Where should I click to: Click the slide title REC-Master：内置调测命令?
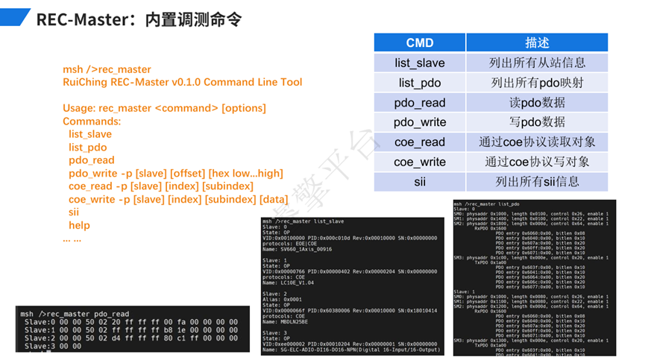click(x=139, y=19)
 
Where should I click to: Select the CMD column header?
click(x=419, y=42)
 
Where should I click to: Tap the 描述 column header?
click(x=536, y=42)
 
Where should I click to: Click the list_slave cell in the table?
click(x=419, y=63)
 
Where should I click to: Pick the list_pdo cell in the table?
click(x=419, y=83)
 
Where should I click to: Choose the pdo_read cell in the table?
click(x=419, y=102)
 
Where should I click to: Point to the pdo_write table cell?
click(x=419, y=122)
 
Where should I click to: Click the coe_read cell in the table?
click(x=419, y=142)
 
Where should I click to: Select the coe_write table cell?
click(x=419, y=162)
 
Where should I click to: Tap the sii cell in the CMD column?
click(x=419, y=181)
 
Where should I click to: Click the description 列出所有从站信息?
click(x=536, y=63)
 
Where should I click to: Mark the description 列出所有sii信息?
click(x=536, y=181)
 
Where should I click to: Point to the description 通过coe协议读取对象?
click(x=536, y=142)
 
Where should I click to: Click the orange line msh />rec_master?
click(x=107, y=69)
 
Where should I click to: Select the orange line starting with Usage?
click(x=164, y=108)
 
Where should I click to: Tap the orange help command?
click(x=79, y=225)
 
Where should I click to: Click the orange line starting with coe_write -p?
click(x=177, y=199)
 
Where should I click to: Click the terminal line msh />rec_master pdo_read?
click(x=75, y=315)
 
